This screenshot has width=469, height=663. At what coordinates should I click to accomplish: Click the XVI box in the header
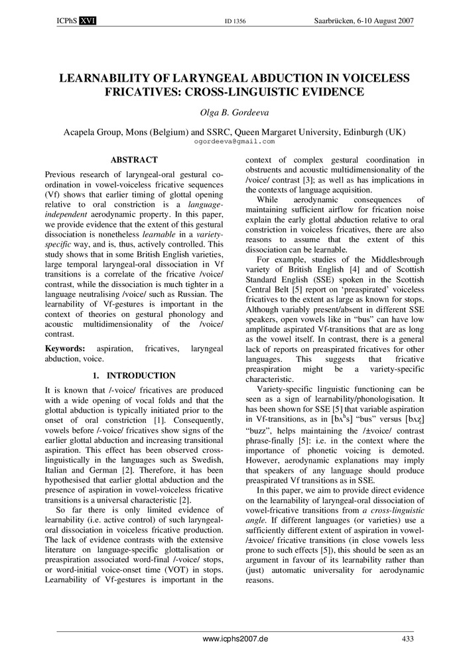[88, 21]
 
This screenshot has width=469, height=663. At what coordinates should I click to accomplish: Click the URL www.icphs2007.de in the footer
[234, 638]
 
